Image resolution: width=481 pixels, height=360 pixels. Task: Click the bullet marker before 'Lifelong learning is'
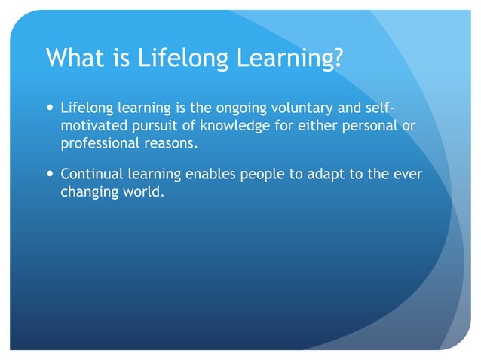[x=50, y=108]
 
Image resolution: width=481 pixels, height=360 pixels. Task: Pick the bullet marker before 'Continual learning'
[x=50, y=174]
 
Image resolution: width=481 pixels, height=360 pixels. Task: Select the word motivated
[x=91, y=125]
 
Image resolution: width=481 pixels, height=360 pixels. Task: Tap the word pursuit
[x=150, y=125]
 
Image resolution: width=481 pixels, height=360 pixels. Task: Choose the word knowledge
[x=222, y=125]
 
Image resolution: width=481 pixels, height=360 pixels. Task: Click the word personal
[x=362, y=125]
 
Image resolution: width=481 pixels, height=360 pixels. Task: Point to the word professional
[x=97, y=142]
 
